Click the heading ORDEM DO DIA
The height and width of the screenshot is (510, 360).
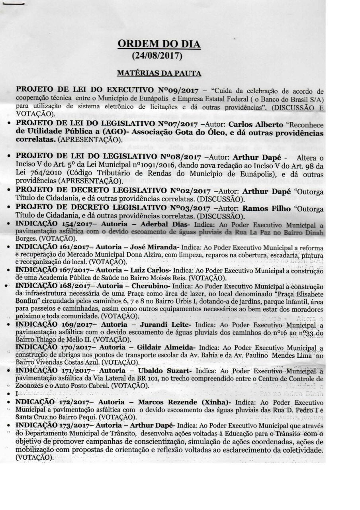point(158,44)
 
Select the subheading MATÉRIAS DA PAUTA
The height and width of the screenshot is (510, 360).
point(158,73)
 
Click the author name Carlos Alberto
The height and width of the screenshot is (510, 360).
point(255,124)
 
